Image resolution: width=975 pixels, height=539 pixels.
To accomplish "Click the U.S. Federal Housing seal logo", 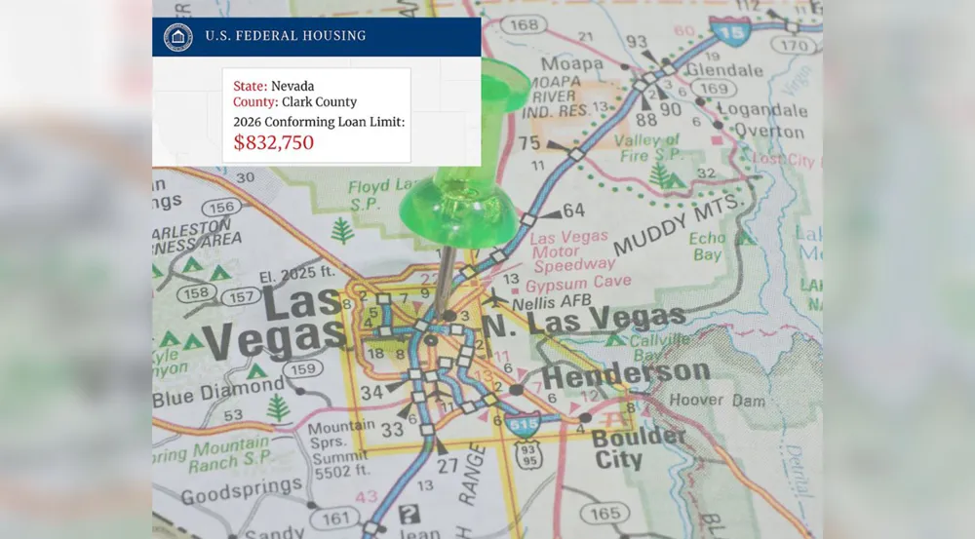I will point(177,36).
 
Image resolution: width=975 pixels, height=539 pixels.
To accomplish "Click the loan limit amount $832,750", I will point(273,142).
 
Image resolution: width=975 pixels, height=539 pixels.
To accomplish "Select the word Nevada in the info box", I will point(292,87).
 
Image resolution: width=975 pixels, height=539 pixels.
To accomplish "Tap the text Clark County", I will point(318,101).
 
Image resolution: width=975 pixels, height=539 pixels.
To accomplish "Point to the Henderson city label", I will point(625,373).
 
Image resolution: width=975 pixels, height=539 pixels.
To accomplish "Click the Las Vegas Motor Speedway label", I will point(570,250).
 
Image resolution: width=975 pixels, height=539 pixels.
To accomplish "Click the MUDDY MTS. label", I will point(677,223).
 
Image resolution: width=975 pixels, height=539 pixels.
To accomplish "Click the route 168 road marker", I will point(524,23).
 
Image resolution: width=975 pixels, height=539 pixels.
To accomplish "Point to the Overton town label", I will point(768,132).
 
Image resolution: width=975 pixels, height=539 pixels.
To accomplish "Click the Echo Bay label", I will point(707,247).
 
